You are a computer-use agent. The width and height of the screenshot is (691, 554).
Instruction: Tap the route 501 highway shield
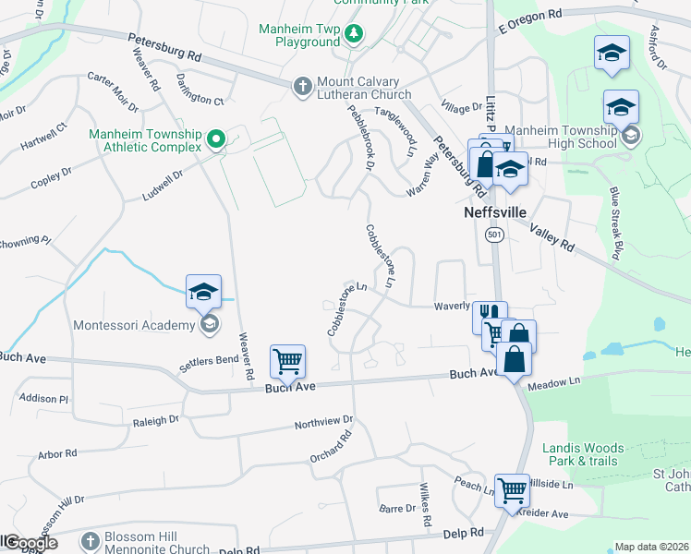coord(494,235)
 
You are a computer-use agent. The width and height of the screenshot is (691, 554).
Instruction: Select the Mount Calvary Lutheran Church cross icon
coord(302,87)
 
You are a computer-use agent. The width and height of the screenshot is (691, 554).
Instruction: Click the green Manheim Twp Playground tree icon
coord(353,35)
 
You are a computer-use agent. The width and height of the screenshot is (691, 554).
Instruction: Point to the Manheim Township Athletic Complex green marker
coord(216,140)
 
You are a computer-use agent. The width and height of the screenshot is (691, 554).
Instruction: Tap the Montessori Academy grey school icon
coord(210,324)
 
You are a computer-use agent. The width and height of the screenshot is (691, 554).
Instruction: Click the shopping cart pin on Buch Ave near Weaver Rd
coord(286,362)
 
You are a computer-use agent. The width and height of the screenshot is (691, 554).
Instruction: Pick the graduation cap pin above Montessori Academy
coord(203,292)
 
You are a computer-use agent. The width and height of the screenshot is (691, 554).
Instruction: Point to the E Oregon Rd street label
coord(529,15)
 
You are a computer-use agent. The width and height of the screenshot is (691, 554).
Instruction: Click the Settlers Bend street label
coord(209,360)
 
